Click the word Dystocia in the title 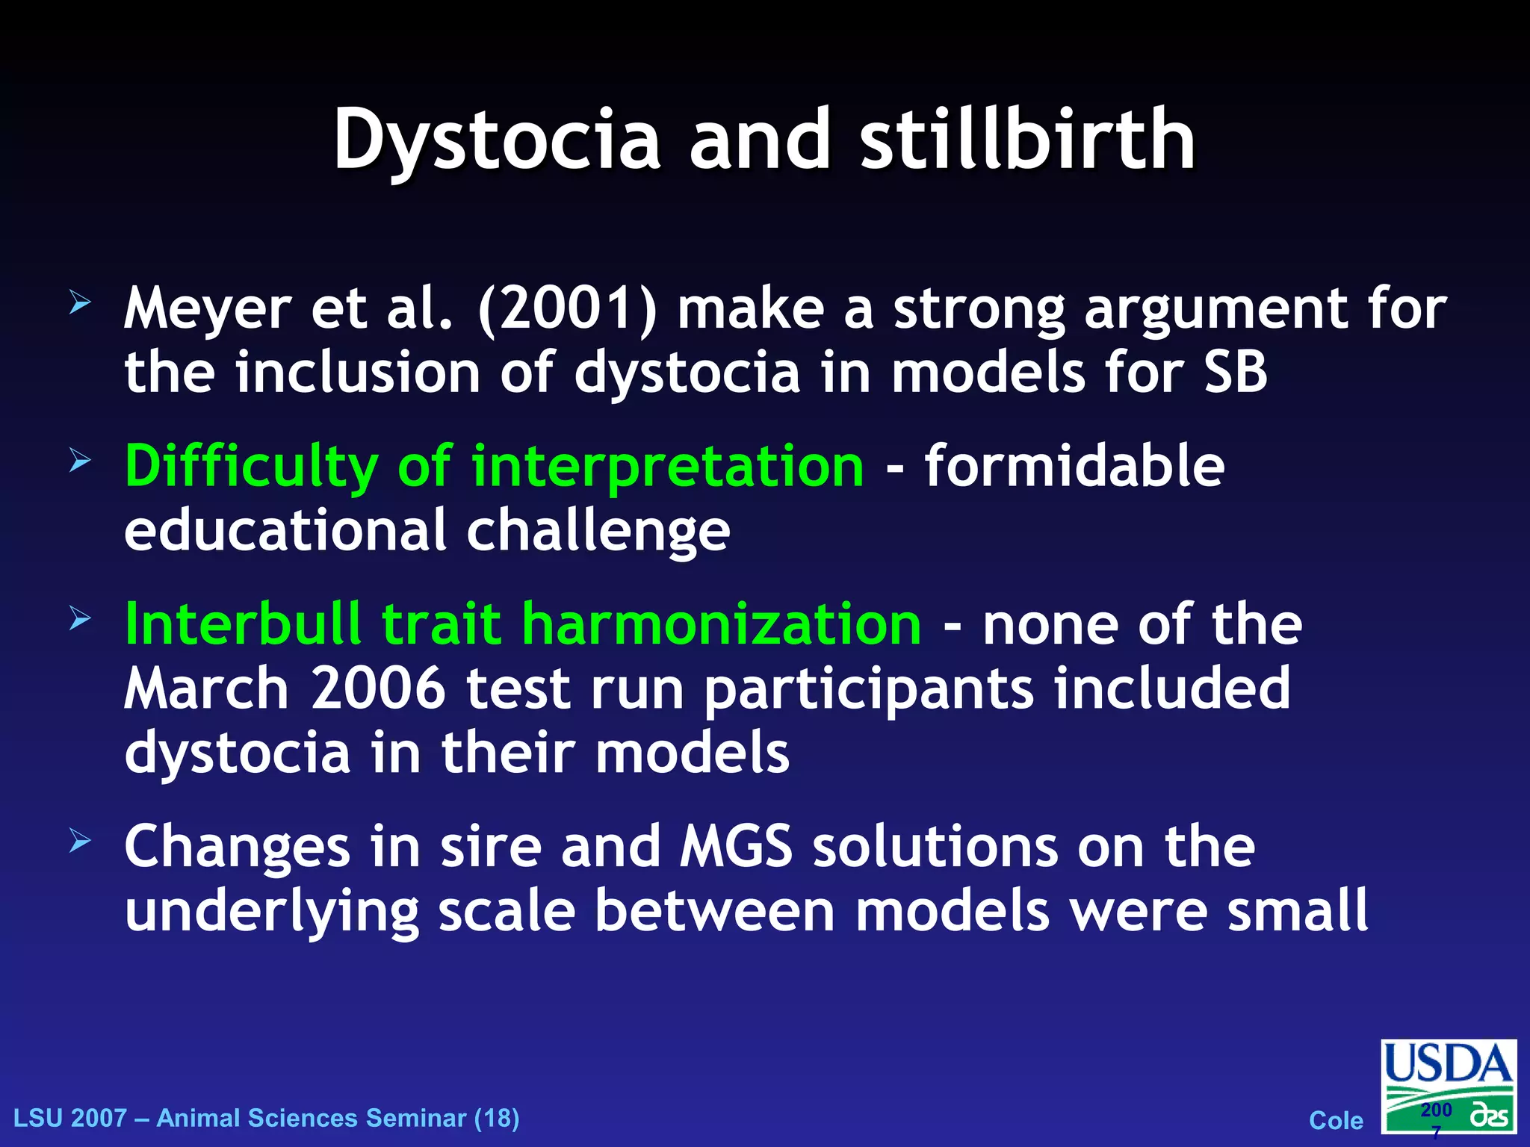pos(497,140)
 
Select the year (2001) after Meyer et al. pos(568,308)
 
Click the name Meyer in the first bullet pos(207,310)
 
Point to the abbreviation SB pos(1236,372)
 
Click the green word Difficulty pos(252,467)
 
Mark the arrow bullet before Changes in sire pos(80,842)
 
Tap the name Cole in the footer pos(1336,1120)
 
